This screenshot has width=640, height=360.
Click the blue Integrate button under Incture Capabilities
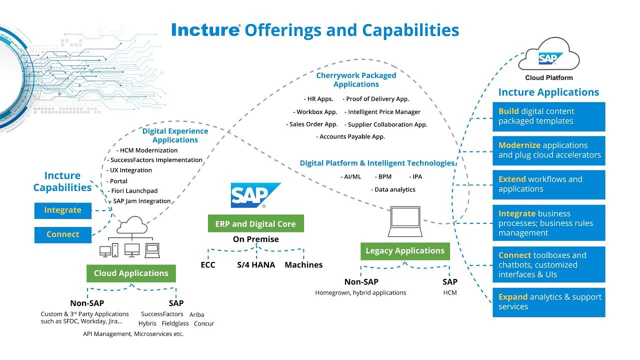(x=63, y=210)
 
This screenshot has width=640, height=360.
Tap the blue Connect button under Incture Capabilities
(x=63, y=234)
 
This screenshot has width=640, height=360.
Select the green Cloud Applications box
(x=131, y=273)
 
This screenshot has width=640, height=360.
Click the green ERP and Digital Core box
(x=255, y=224)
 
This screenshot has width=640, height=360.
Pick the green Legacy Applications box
(x=405, y=251)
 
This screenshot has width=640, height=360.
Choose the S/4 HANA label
(x=256, y=265)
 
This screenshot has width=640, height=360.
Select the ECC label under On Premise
(x=208, y=265)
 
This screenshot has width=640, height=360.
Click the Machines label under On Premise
(x=303, y=265)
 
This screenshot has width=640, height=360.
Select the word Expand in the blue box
(x=513, y=297)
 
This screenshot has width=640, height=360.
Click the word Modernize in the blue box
(x=519, y=145)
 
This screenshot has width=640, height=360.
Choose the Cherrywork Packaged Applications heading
(x=356, y=80)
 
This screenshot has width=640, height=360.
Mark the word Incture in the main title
(x=205, y=30)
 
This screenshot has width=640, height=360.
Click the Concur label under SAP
(x=204, y=323)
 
